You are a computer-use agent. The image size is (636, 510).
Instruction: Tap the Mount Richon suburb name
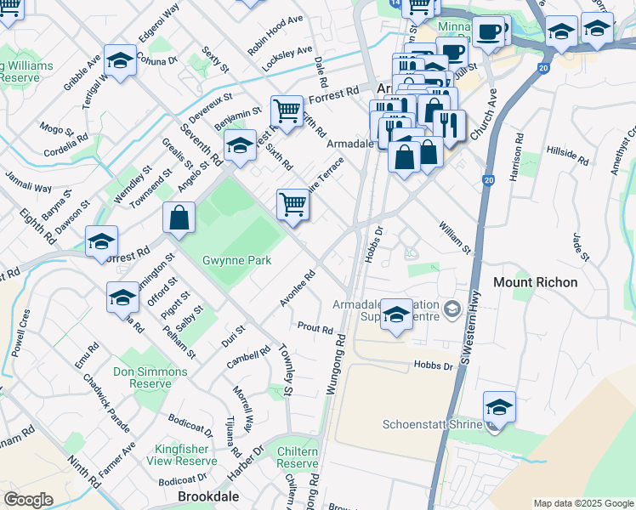coord(536,281)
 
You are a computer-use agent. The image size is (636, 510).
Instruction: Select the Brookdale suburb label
coord(207,496)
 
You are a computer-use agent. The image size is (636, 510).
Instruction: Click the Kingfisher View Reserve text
coord(186,455)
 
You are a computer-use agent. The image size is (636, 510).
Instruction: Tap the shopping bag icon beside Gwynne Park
coord(179,218)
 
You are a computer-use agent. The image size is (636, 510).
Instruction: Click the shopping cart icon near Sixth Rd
coord(287,110)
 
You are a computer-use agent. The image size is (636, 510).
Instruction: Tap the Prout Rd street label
coord(315,327)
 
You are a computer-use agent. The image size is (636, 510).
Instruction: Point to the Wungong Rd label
coord(336,365)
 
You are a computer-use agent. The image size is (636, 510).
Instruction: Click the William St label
coord(455,237)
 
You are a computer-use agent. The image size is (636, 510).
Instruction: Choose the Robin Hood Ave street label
coord(275,35)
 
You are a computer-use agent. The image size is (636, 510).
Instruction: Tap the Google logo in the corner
coord(28,500)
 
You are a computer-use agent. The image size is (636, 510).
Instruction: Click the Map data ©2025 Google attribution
coord(582,503)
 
